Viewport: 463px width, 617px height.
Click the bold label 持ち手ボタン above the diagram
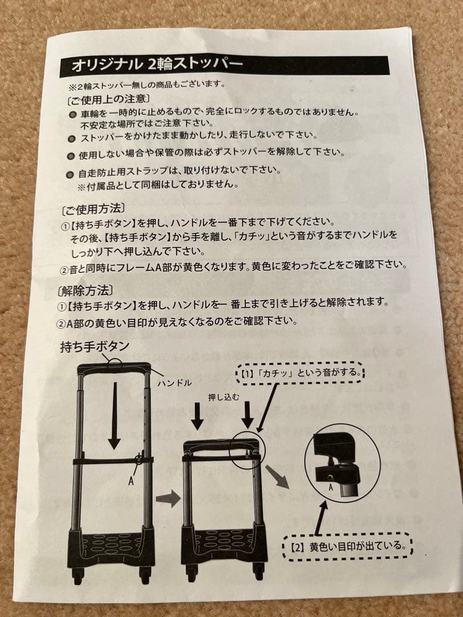click(95, 346)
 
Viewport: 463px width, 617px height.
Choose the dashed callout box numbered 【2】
click(348, 546)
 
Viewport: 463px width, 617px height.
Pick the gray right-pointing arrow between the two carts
click(168, 498)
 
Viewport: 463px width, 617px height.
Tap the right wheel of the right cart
click(258, 572)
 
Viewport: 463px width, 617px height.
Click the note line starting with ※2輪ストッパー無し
click(146, 85)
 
